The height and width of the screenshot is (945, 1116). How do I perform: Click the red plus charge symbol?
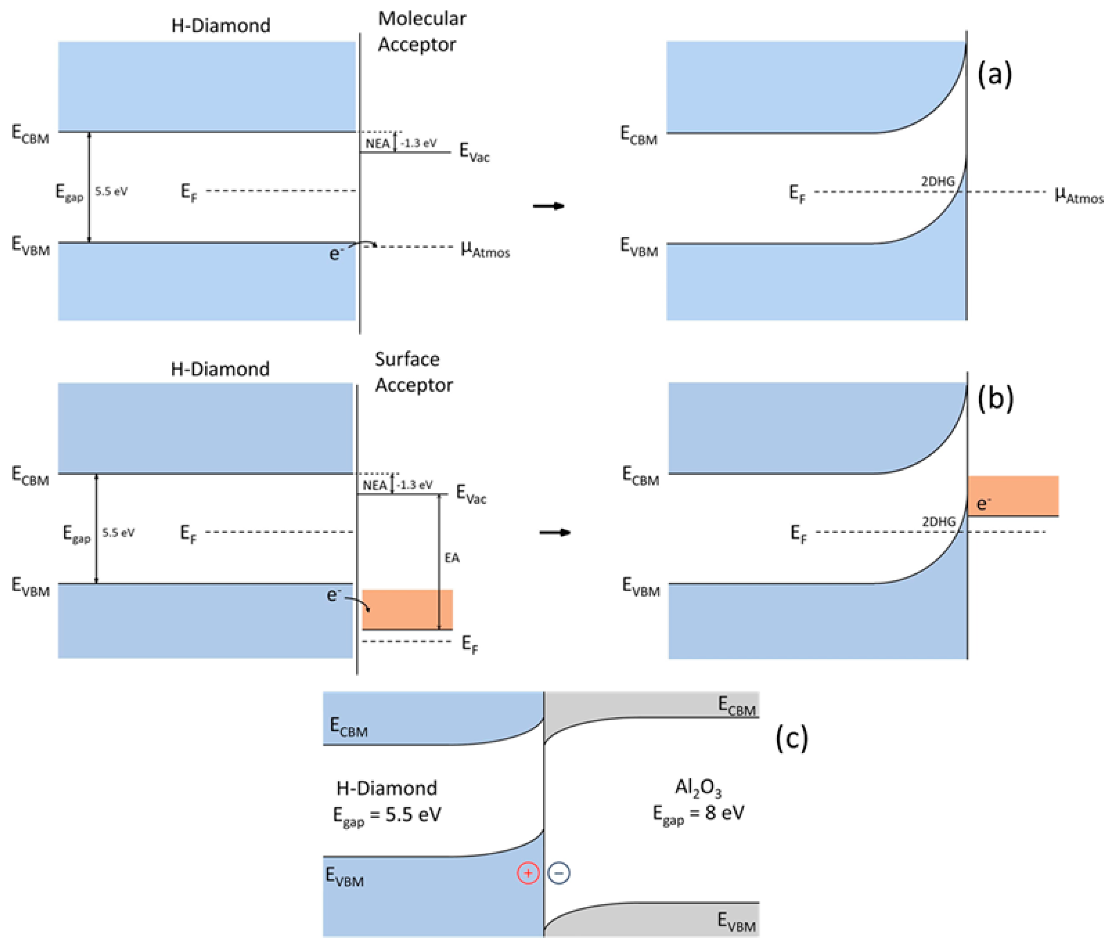pos(528,873)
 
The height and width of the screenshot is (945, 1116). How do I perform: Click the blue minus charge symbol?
pos(559,873)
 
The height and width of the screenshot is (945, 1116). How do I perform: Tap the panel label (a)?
pos(995,74)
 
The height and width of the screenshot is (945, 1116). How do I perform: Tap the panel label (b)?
pos(995,399)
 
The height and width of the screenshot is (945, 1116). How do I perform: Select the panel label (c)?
pos(791,738)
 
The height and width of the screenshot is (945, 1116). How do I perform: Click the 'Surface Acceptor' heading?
pos(413,372)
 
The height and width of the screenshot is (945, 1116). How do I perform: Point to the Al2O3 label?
pos(698,787)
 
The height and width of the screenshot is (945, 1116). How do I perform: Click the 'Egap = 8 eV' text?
pos(698,814)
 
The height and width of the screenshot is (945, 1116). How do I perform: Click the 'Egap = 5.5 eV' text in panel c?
pos(387,815)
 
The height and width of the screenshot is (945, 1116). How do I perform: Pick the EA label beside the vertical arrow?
pos(452,558)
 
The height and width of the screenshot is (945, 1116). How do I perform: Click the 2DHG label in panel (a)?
pos(938,182)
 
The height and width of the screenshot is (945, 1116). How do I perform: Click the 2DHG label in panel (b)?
pos(938,521)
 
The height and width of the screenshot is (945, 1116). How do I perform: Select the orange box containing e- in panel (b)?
pos(1013,495)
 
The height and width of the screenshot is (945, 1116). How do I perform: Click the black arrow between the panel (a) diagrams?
pos(549,206)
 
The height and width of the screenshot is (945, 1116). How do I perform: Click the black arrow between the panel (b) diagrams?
pos(555,532)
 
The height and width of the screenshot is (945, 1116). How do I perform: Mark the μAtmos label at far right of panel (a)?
pos(1079,196)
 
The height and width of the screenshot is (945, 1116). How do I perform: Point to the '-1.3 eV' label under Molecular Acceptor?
pos(418,143)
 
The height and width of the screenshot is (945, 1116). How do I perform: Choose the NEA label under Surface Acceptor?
pos(374,485)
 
